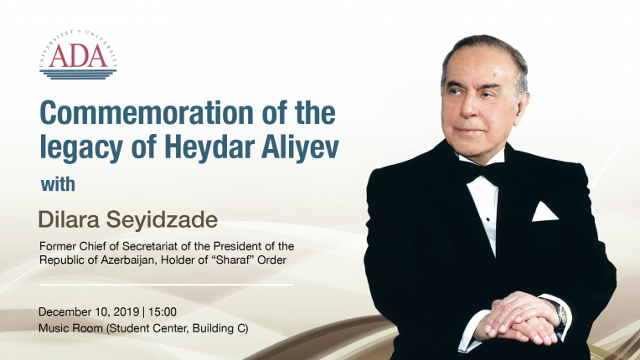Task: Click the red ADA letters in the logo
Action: point(79,56)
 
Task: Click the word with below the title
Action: point(58,184)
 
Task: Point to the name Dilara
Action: point(69,220)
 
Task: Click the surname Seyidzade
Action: point(162,220)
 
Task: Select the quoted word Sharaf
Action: point(235,260)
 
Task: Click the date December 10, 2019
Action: point(89,312)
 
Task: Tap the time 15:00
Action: point(163,312)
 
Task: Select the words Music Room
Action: point(71,328)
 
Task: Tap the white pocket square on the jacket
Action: point(544,212)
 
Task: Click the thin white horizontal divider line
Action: point(167,285)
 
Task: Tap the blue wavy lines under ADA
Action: point(78,75)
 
